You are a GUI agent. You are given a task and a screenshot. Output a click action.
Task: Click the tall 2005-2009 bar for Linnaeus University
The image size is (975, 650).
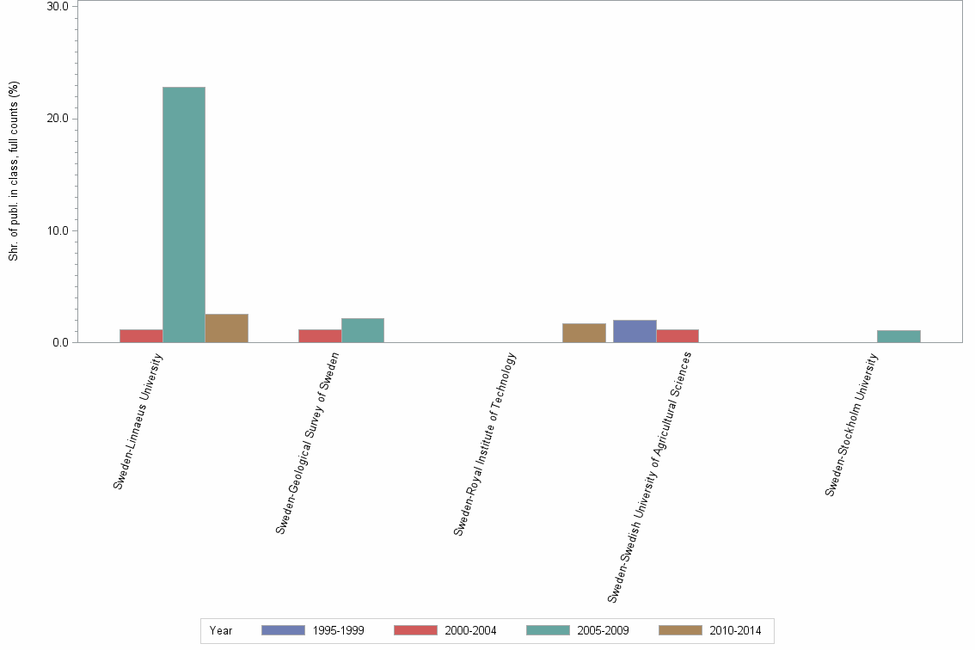(x=183, y=214)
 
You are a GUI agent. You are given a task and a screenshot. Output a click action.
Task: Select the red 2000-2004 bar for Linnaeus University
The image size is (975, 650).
(x=141, y=336)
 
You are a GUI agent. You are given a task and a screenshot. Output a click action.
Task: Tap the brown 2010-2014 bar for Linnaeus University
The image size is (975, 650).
(x=226, y=328)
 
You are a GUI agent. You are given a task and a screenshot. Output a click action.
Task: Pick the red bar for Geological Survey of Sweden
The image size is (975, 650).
(x=320, y=336)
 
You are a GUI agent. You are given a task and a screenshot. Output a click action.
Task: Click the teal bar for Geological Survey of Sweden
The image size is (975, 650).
(x=362, y=330)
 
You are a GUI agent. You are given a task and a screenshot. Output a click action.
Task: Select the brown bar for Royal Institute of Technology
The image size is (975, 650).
(x=584, y=333)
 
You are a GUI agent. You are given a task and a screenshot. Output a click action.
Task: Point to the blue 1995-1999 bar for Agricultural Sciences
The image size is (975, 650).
(x=635, y=331)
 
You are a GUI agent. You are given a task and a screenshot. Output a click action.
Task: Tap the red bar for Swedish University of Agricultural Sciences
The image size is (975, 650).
(x=677, y=336)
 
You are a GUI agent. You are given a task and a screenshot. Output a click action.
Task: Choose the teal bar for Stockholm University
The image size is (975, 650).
(x=898, y=336)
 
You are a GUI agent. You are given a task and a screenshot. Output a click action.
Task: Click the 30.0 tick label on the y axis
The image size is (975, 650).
(x=58, y=7)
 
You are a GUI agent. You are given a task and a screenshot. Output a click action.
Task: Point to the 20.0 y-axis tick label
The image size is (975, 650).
(x=58, y=119)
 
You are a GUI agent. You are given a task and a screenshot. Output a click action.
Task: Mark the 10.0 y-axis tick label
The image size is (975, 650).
(x=58, y=230)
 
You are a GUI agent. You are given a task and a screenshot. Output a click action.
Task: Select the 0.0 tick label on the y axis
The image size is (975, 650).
(x=61, y=342)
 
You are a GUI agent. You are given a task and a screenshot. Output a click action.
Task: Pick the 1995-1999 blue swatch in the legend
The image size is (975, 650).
(x=283, y=630)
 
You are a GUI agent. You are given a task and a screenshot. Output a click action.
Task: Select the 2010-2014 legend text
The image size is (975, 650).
(x=735, y=630)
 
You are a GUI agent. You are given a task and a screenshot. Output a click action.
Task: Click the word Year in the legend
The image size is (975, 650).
(x=221, y=630)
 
